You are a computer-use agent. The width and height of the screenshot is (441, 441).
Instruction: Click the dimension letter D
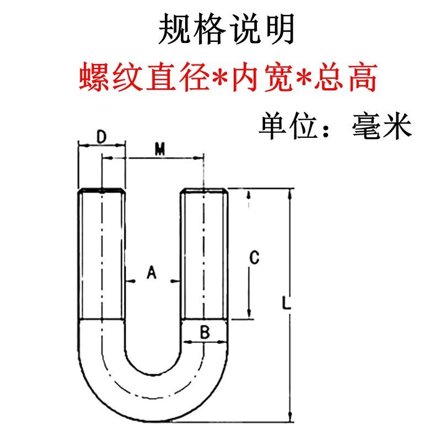101,136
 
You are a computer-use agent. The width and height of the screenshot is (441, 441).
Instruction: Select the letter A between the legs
153,272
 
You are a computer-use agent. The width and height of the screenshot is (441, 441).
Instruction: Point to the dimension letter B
204,332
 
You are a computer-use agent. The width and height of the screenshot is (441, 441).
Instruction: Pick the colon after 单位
331,128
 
